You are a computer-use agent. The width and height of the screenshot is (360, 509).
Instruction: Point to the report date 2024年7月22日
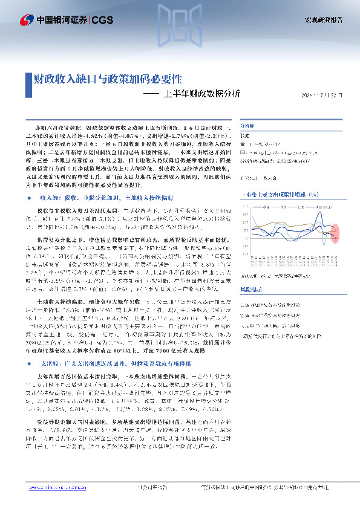click(x=324, y=96)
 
